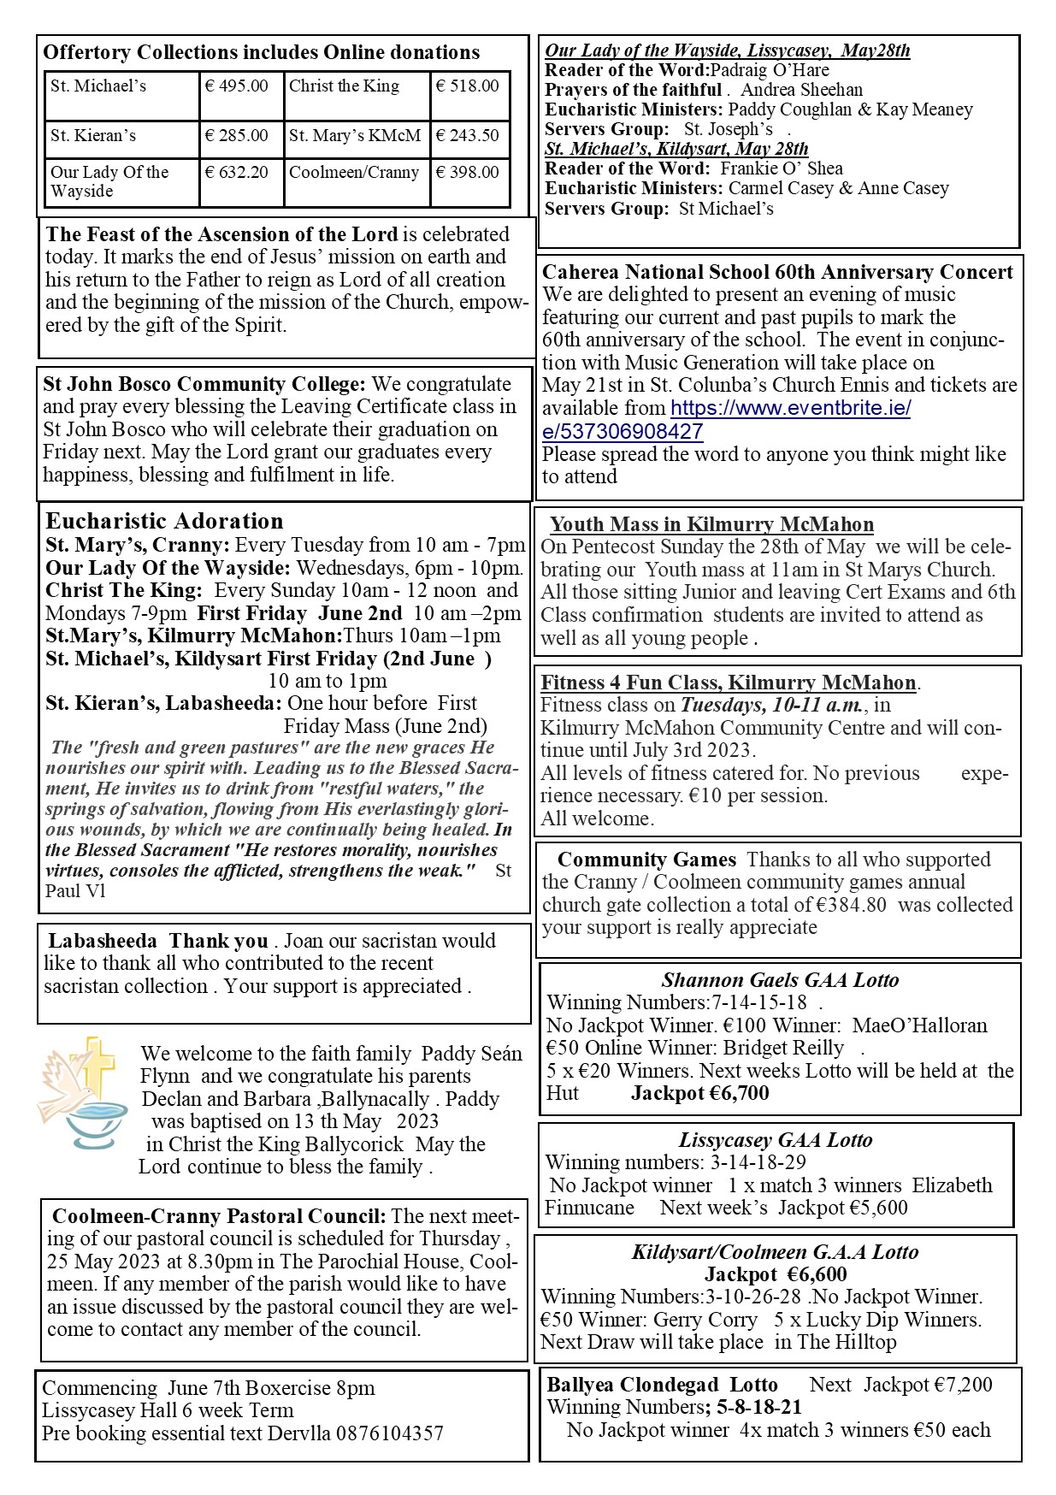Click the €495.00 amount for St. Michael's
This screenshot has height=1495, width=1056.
tap(236, 86)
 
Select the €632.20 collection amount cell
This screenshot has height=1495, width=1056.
tap(236, 173)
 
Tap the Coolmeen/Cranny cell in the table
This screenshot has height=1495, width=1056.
tap(354, 173)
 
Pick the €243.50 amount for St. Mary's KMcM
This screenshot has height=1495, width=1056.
tap(467, 136)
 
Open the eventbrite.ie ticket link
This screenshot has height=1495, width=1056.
tap(726, 419)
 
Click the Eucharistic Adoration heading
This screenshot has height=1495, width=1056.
tap(164, 522)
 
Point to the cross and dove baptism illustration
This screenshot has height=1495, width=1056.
tap(80, 1094)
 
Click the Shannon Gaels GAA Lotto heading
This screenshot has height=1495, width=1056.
tap(780, 980)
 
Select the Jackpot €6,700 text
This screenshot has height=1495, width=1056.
tap(700, 1093)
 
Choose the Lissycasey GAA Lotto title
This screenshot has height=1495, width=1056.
tap(776, 1140)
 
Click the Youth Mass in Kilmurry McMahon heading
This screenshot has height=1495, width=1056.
tap(711, 525)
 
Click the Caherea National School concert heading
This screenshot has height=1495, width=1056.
tap(777, 272)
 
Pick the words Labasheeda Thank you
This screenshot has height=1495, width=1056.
tap(158, 942)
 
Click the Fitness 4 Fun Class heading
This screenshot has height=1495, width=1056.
tap(729, 682)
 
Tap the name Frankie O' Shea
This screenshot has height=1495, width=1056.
tap(782, 168)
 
